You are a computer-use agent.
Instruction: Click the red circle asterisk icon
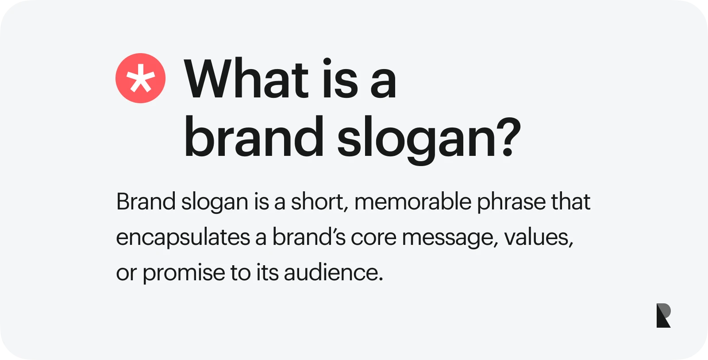coord(140,78)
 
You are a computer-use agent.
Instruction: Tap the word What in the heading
coord(246,78)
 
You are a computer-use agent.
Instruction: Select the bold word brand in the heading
coord(254,136)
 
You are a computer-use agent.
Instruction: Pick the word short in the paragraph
coord(317,201)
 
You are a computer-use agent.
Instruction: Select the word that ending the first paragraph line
coord(571,201)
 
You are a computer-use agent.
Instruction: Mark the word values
coord(539,237)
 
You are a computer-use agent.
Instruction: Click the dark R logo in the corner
coord(663,315)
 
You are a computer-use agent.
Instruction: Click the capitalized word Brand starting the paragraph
coord(146,201)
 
